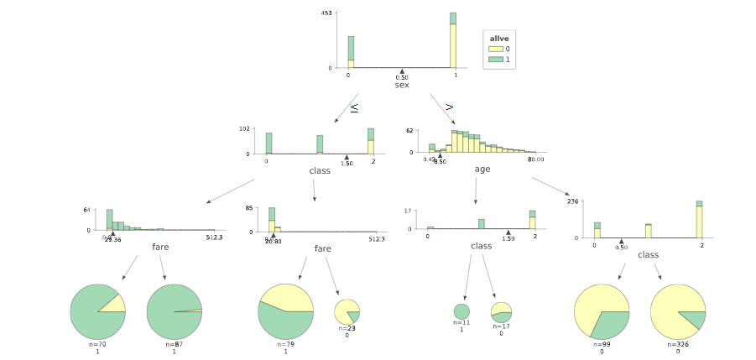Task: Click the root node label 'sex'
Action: click(402, 85)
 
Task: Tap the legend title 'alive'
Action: click(499, 39)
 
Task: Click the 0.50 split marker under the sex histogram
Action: click(402, 72)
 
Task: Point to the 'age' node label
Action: click(482, 169)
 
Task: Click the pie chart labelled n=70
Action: click(97, 311)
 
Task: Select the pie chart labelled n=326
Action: click(678, 312)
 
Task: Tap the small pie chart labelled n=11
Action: click(461, 312)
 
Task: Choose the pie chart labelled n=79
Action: click(285, 311)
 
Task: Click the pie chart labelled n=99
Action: click(602, 312)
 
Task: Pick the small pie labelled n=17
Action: click(501, 312)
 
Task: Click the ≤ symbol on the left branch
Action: click(354, 108)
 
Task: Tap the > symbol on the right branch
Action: click(450, 107)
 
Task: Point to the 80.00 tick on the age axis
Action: click(534, 159)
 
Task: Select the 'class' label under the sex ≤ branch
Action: click(320, 170)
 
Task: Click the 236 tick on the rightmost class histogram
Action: click(573, 201)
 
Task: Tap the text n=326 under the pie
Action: click(678, 344)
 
